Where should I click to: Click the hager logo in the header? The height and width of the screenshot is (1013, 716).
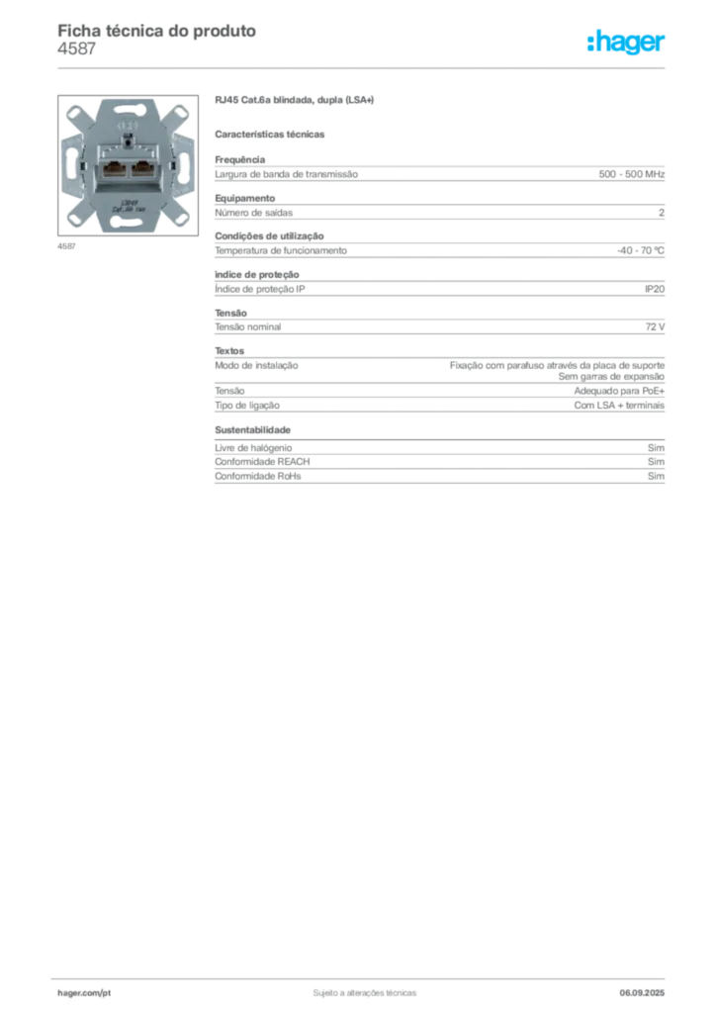626,43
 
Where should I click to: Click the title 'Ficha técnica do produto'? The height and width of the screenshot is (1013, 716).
157,31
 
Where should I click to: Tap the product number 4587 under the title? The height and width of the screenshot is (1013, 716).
77,49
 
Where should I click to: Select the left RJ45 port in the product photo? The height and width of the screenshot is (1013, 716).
113,169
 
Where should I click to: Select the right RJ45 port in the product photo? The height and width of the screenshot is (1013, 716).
142,169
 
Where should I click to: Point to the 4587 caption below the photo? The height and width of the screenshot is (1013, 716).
66,246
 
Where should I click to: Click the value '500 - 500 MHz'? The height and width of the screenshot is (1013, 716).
631,174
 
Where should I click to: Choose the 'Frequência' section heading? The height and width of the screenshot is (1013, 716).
240,159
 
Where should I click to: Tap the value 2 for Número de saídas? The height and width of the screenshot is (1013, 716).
662,213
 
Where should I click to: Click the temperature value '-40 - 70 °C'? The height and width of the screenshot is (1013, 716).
641,250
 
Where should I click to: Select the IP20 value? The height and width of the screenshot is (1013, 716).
655,289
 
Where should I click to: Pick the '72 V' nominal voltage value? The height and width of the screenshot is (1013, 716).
655,326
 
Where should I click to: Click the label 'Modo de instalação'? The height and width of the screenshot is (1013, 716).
256,366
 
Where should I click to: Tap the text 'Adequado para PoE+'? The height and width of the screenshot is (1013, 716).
619,391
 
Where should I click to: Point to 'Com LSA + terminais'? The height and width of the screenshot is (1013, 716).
619,405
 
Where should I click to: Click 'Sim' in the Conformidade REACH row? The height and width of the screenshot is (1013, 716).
656,462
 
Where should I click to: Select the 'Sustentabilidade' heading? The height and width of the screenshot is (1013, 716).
252,429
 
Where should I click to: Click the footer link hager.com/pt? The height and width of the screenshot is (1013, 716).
84,993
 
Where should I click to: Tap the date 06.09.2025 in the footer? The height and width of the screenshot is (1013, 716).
642,993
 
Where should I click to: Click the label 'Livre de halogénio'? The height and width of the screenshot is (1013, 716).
253,448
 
